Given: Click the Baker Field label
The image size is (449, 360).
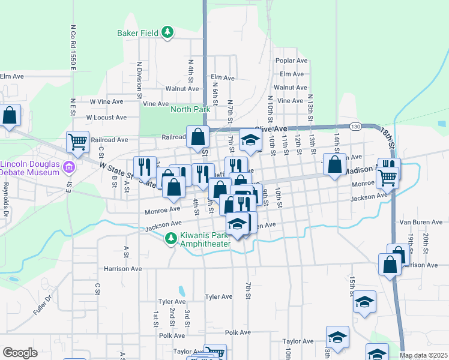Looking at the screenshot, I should (140, 32).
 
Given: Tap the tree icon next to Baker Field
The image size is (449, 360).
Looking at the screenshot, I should (169, 32).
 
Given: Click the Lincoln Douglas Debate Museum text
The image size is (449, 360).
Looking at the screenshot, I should (30, 168).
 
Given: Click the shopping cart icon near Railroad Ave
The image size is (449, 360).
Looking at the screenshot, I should (77, 142).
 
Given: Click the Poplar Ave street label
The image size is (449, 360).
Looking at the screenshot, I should (291, 61).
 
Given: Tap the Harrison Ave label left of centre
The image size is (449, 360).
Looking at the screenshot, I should (122, 269).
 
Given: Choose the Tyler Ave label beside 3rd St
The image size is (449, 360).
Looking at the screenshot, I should (218, 296).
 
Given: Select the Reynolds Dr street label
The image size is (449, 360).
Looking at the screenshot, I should (5, 200).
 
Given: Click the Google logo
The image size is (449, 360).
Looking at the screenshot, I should (20, 352).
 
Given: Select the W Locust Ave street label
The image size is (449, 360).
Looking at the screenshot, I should (106, 118).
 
